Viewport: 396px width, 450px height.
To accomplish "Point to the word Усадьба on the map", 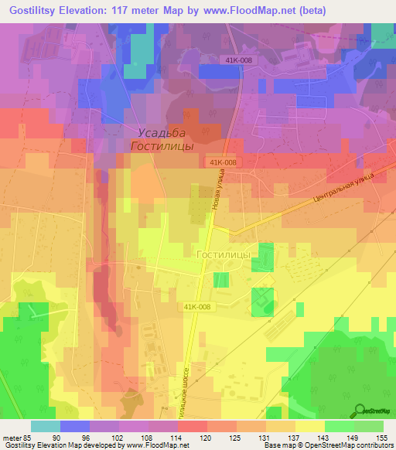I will pyautogui.click(x=160, y=132).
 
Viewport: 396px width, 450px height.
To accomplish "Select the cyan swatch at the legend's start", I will pyautogui.click(x=46, y=426).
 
